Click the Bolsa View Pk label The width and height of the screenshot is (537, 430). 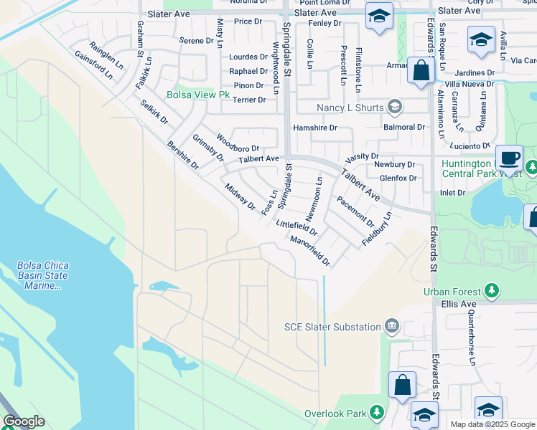tap(197, 95)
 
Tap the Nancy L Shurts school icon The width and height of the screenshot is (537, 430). tap(393, 107)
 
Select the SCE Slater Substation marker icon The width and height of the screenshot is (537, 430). tap(392, 327)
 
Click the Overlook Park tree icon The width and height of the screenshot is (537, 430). tap(376, 414)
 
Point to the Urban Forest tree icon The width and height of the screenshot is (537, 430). tap(492, 291)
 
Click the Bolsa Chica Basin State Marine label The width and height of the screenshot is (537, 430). tap(42, 275)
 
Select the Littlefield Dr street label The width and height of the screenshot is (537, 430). tap(296, 227)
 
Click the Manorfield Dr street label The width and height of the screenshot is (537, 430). tap(310, 252)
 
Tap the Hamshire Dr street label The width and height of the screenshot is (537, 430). tap(315, 128)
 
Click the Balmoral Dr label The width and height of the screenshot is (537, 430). tap(404, 127)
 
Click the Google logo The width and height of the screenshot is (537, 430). tap(24, 421)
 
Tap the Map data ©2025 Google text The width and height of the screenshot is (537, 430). tap(492, 424)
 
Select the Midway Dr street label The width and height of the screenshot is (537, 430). tap(240, 196)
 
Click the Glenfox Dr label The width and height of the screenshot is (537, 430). tap(398, 178)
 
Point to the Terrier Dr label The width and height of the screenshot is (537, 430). tap(249, 100)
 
